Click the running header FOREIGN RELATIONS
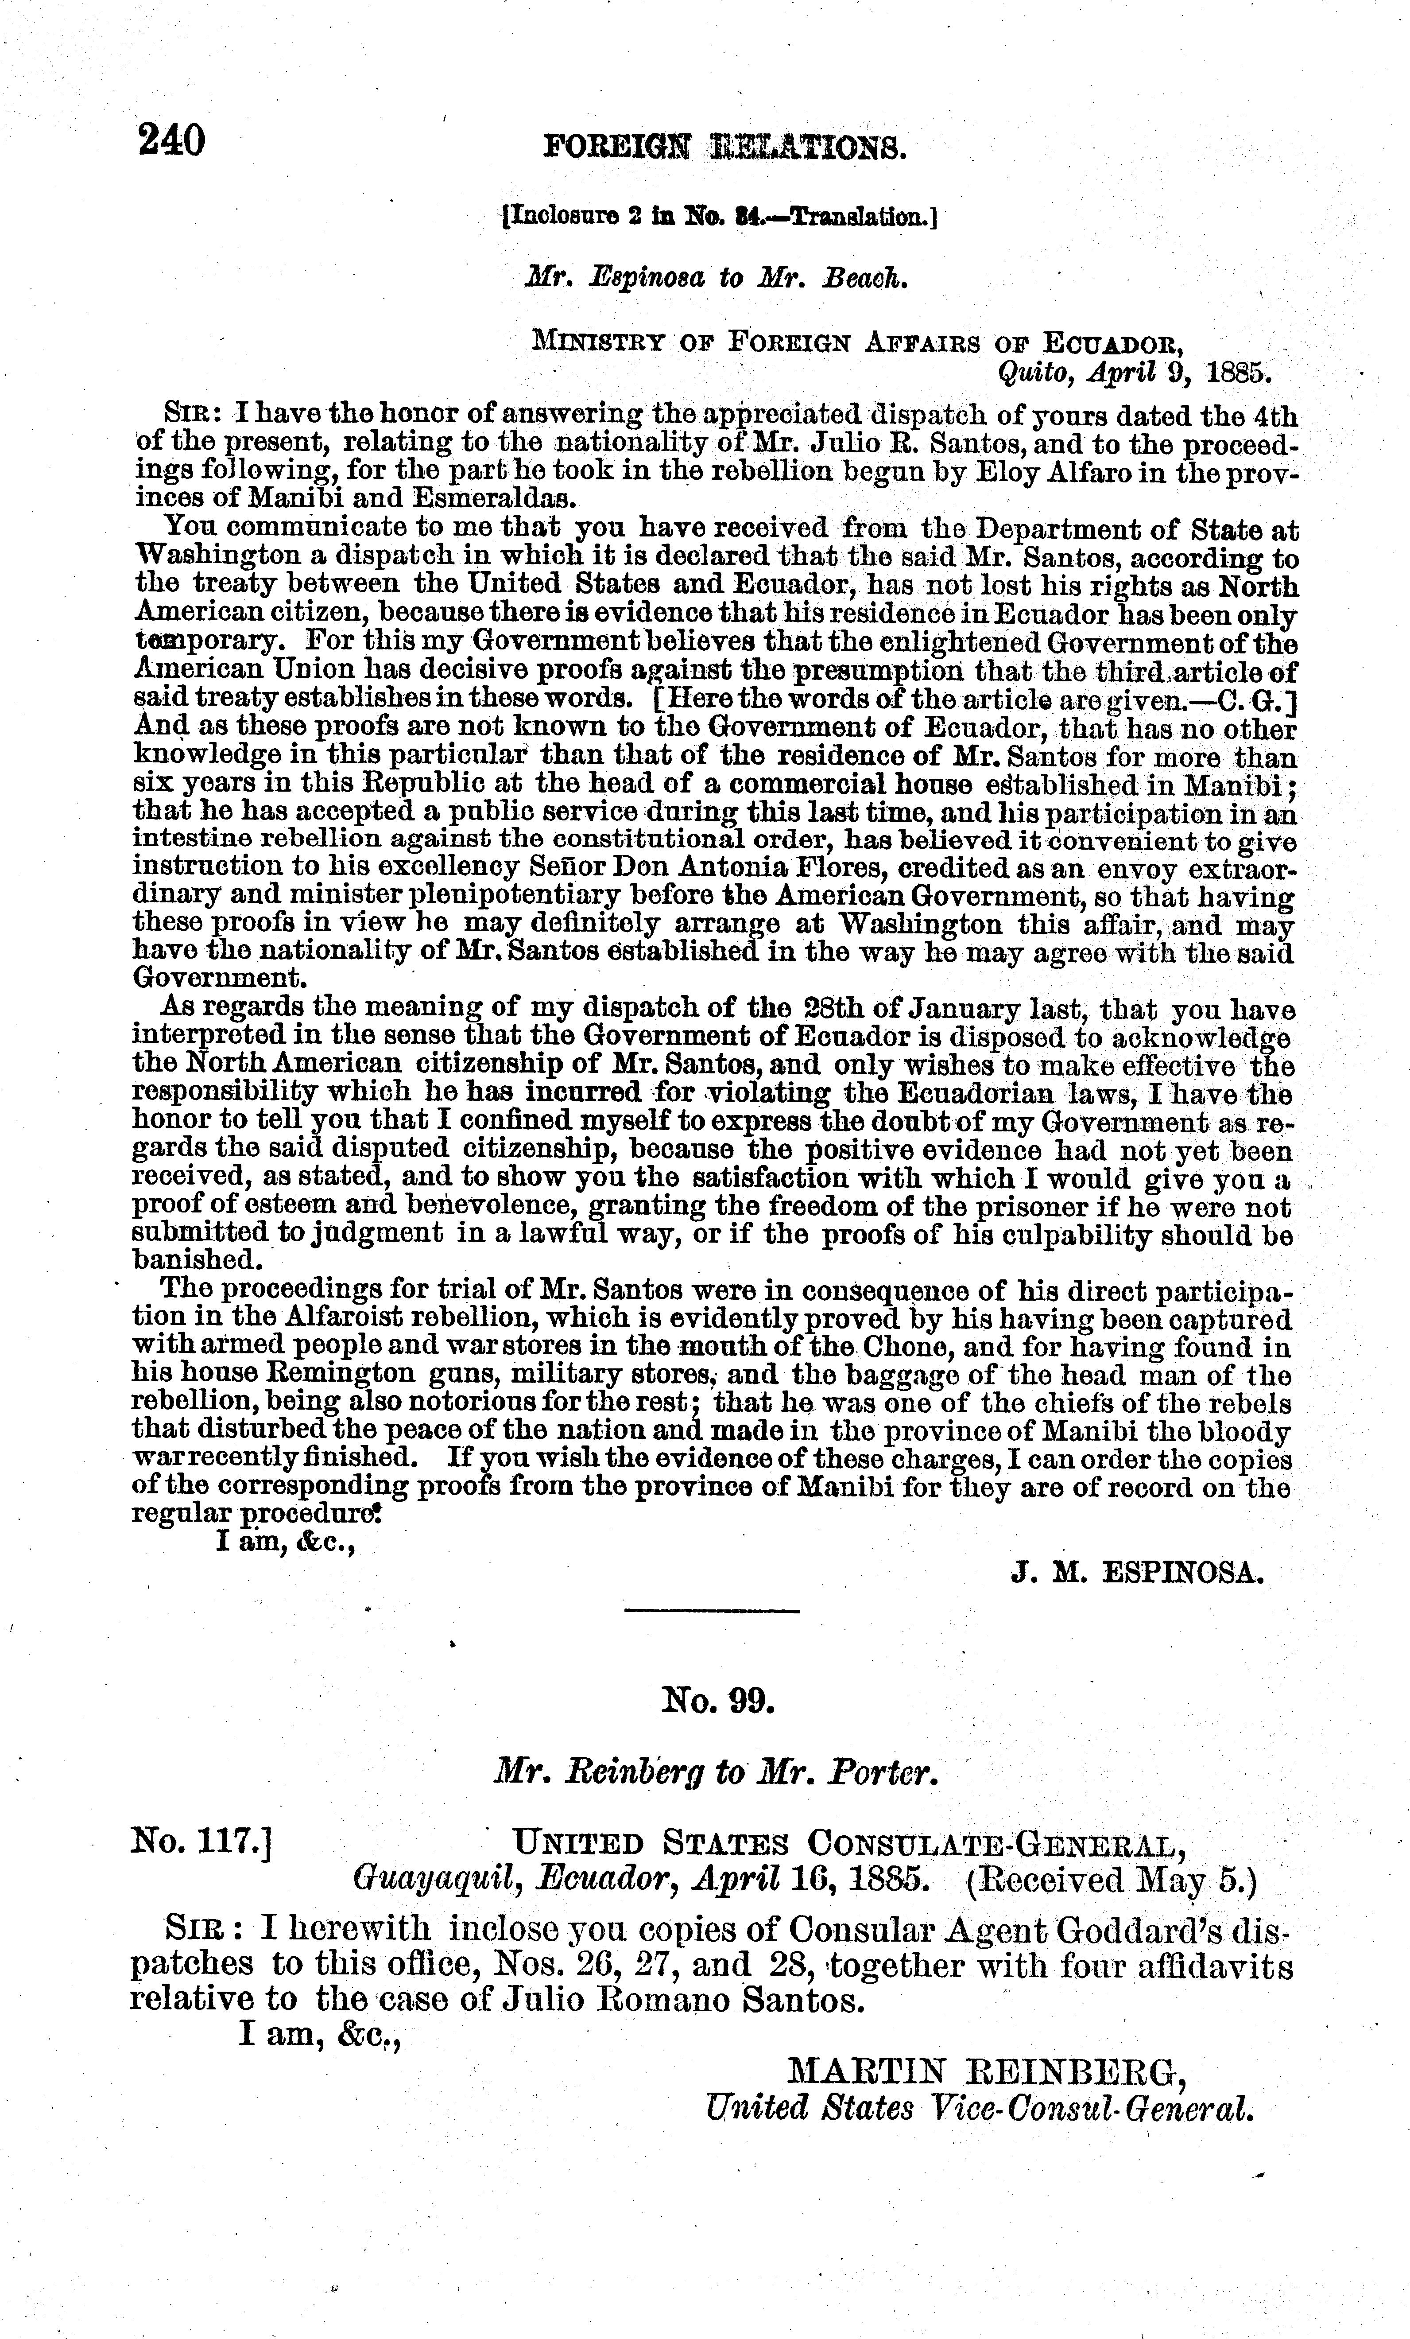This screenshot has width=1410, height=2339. (725, 148)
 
